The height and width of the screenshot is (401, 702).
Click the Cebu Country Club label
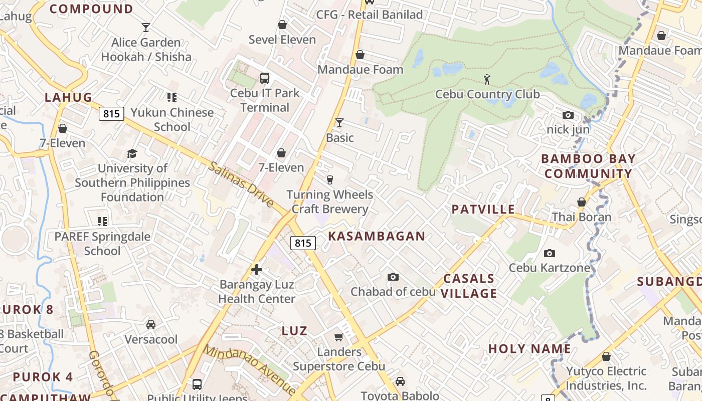tap(487, 94)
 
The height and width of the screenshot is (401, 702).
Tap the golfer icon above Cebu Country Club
tap(486, 79)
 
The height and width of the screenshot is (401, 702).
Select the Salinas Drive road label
tap(241, 184)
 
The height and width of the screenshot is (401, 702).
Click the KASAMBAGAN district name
tap(377, 236)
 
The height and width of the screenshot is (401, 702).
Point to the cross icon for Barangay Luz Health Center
tap(257, 270)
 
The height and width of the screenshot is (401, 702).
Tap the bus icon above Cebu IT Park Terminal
tap(264, 78)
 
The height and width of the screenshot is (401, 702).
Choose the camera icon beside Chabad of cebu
tap(393, 277)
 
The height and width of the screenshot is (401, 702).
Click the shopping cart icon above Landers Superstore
tap(339, 337)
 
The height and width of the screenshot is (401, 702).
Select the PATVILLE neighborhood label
tap(483, 210)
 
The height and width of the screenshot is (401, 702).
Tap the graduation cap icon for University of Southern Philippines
tap(132, 153)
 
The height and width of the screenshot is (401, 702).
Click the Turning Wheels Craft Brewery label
tap(329, 202)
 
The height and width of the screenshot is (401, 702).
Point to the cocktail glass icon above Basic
tap(339, 123)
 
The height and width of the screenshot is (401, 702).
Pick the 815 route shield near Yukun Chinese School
tap(111, 114)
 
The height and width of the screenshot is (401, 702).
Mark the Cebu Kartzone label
tap(550, 268)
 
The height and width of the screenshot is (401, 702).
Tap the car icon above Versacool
tap(151, 325)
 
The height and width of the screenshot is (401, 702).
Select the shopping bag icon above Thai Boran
tap(582, 203)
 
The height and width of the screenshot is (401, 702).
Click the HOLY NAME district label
tap(530, 349)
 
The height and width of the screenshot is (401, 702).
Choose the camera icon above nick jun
tap(568, 115)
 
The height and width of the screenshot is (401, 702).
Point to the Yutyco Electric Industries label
tap(606, 378)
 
